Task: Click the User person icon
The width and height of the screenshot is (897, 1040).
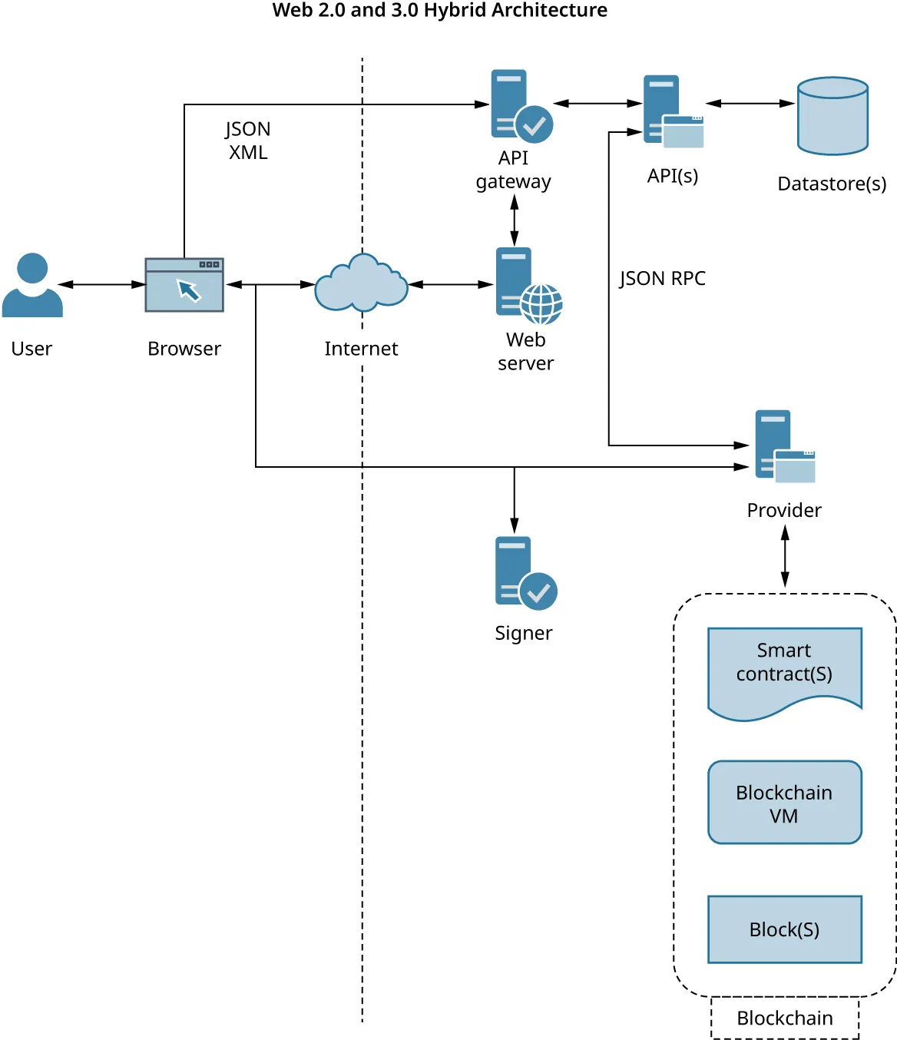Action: coord(32,285)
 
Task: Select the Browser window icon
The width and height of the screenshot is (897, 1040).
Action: coord(184,285)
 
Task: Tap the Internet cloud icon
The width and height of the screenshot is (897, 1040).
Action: coord(361,284)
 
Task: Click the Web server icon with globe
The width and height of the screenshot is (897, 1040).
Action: coord(528,284)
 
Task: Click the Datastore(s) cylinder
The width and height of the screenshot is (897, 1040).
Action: coord(832,116)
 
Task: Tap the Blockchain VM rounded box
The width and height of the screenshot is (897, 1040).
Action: coord(784,803)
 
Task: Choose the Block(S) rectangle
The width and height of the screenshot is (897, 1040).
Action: coord(784,929)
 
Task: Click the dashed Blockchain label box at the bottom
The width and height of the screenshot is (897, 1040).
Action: coord(784,1018)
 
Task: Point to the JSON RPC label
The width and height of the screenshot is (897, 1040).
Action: coord(662,278)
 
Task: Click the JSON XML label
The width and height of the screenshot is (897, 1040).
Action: coord(247,141)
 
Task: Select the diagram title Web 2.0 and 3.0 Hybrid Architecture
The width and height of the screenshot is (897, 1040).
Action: coord(439,11)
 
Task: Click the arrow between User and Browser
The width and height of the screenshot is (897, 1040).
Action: coord(103,284)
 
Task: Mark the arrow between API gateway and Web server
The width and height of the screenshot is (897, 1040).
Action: coord(515,220)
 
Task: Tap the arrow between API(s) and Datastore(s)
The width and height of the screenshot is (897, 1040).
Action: coord(750,103)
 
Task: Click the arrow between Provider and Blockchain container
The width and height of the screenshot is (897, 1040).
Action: coord(785,556)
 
